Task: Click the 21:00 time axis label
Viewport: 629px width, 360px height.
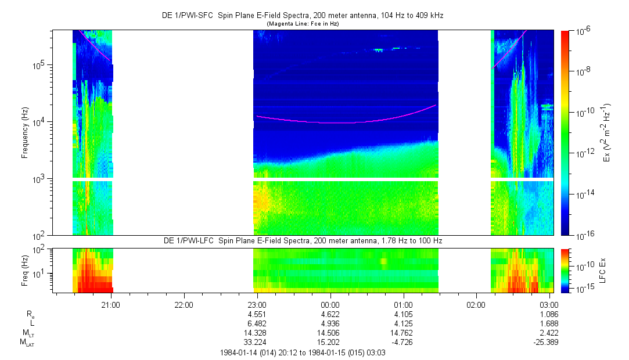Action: [x=111, y=304]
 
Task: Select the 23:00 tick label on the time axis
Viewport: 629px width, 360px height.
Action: [x=257, y=304]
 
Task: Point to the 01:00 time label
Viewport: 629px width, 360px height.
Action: [x=403, y=304]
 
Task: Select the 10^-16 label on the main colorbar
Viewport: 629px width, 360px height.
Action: [x=583, y=235]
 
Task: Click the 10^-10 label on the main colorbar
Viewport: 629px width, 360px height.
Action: [x=583, y=112]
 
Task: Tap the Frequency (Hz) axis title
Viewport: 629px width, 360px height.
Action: [x=25, y=132]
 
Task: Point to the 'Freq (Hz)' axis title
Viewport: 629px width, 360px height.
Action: [x=25, y=270]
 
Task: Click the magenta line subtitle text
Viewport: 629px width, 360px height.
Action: [x=302, y=24]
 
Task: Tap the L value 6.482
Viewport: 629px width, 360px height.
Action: [x=257, y=323]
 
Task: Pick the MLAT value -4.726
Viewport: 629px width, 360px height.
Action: [x=403, y=342]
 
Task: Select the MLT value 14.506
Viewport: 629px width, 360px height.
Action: [x=330, y=333]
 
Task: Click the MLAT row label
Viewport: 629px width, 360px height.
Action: [x=26, y=343]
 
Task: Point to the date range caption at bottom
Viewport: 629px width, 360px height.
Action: [x=302, y=352]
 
